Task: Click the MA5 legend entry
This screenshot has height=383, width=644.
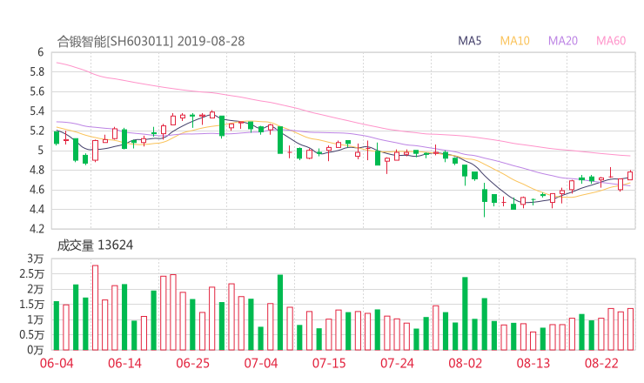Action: [470, 41]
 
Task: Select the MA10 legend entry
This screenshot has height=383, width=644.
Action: [515, 41]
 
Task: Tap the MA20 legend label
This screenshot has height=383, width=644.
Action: [563, 41]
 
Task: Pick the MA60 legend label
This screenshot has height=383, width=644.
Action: [611, 41]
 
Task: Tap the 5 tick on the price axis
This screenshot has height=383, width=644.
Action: [40, 151]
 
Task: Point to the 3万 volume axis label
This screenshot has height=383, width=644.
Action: [36, 259]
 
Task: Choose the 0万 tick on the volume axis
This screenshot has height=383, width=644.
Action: [36, 350]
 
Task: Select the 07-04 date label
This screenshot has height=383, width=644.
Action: [260, 363]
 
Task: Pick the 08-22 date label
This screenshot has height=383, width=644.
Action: [601, 363]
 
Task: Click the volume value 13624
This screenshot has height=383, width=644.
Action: [115, 245]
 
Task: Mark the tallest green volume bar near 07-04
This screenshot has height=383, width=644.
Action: [280, 312]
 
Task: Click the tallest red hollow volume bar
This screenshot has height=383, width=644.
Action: [95, 307]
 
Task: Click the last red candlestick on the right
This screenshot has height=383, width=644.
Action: [630, 176]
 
